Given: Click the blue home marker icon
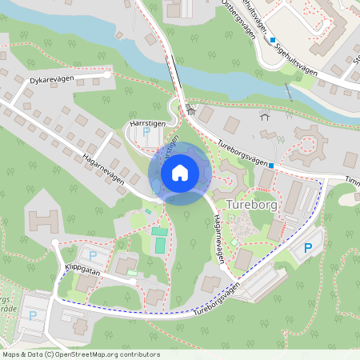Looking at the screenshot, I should coord(180,173).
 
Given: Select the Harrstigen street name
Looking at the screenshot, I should coord(146,124).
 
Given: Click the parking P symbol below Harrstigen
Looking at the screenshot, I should coord(145,134).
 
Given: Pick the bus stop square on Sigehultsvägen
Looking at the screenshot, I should coord(272,40).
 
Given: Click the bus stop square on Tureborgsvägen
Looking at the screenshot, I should coord(271,166).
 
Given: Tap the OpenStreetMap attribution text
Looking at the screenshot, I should coord(81,354).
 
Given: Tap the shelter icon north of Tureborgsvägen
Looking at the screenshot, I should coord(266,116).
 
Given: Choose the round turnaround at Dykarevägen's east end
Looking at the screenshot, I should coord(107,74).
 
